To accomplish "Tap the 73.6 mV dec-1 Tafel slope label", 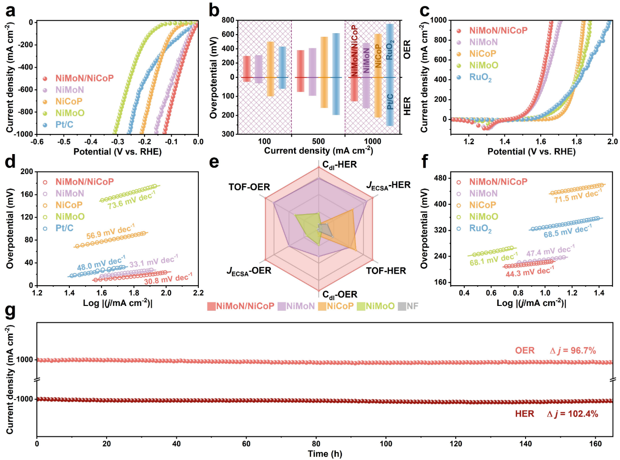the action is point(131,200).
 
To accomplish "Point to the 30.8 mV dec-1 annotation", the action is point(168,279).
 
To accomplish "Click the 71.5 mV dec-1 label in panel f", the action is point(577,195).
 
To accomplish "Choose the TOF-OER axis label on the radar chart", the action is point(249,187).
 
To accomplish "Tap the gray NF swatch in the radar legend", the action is point(402,306).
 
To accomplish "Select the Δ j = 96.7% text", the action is point(573,350).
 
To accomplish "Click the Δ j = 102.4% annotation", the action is point(573,413).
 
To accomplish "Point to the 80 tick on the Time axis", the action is point(316,444).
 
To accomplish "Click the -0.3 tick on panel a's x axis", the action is point(116,142).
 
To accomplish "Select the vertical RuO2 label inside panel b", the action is point(390,50).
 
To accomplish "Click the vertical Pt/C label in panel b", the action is point(390,102).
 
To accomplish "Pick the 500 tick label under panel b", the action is point(318,142).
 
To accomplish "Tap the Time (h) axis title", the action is point(325,454).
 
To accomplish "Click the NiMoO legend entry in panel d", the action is point(70,217).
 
